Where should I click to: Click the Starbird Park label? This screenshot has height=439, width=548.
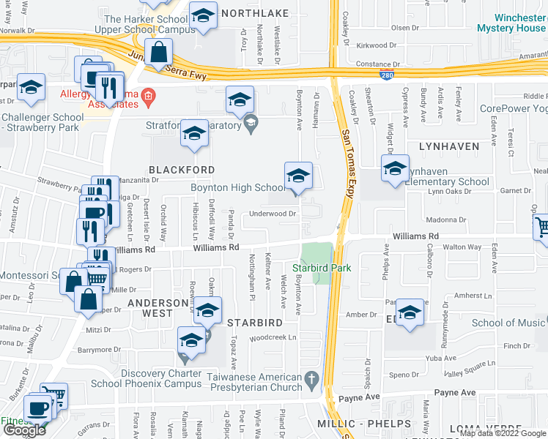coord(322,268)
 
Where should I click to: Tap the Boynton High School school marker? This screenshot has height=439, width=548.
coord(298,176)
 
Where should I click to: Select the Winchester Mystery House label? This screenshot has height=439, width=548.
coord(510,23)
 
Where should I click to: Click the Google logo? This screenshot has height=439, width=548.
coord(24,430)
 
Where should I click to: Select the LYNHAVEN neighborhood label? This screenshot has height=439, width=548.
coord(449,146)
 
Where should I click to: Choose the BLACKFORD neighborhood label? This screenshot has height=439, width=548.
coord(182,169)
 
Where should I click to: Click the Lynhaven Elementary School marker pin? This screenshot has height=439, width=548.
coord(395,168)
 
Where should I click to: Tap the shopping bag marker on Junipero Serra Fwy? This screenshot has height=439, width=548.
coord(158,53)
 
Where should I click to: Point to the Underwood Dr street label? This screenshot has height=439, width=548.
coord(273,214)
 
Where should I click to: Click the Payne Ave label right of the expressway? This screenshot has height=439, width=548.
coord(455,393)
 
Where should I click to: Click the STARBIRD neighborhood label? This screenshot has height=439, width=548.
coord(254,322)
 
